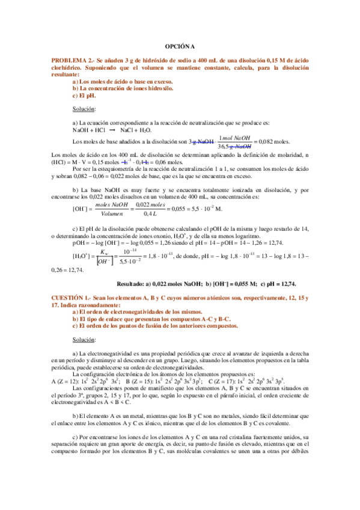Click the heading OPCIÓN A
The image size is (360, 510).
click(x=180, y=46)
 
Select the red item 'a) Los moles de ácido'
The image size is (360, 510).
click(x=111, y=81)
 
